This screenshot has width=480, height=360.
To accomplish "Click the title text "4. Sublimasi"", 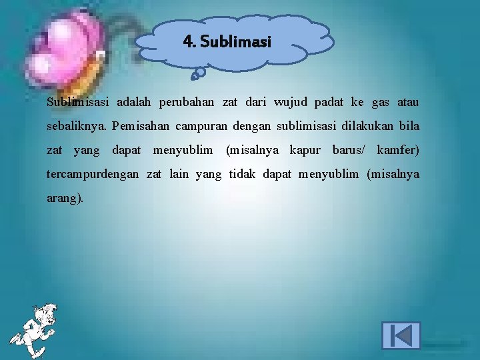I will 227,42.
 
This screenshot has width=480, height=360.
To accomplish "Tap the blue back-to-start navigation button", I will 401,335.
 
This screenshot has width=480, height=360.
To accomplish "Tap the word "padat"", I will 329,103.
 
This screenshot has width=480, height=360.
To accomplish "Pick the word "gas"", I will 380,103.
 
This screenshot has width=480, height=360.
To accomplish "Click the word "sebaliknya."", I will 77,127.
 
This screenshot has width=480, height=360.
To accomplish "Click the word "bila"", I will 409,127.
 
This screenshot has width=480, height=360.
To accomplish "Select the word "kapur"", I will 305,151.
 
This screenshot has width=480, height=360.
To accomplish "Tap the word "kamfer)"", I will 398,151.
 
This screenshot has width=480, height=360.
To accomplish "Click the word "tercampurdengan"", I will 93,175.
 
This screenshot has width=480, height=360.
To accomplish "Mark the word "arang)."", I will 65,199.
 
